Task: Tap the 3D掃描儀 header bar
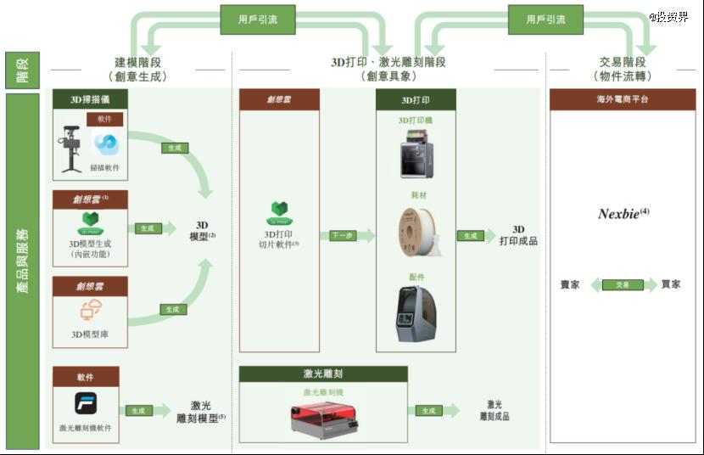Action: point(90,99)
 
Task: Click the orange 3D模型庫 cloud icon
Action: point(90,312)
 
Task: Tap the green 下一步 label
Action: point(342,236)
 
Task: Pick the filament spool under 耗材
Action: point(416,233)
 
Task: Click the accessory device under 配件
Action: point(416,313)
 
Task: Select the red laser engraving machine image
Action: point(323,418)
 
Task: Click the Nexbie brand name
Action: point(623,214)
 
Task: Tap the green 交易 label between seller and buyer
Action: point(623,284)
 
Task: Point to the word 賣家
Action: point(570,284)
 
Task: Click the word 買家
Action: point(670,284)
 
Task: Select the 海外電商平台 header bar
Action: point(623,99)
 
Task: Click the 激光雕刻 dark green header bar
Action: point(323,374)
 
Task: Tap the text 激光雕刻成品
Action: point(494,411)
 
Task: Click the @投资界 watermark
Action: point(669,16)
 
